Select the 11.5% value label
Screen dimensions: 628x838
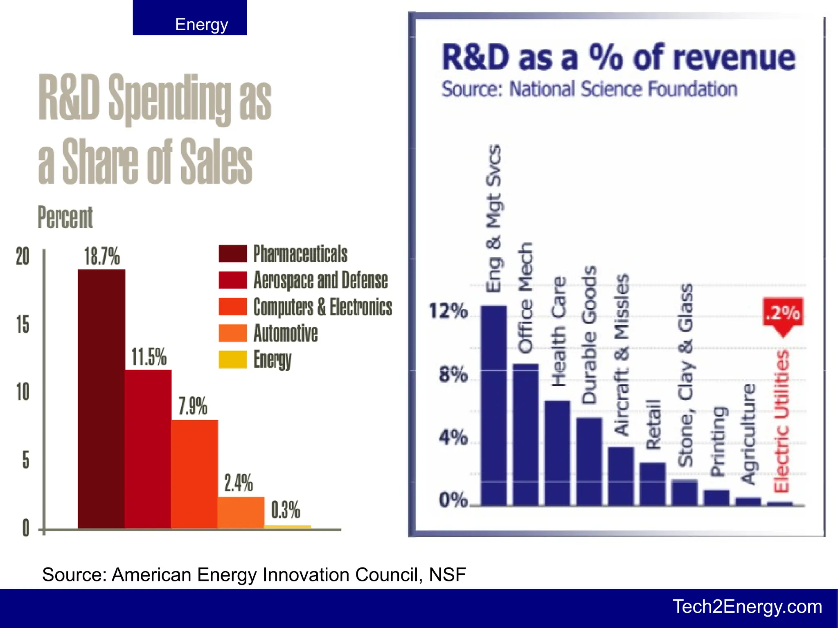pos(149,357)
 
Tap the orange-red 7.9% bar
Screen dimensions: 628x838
pos(194,473)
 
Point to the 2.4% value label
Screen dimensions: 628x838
pos(239,483)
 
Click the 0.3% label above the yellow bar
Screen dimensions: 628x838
pos(286,510)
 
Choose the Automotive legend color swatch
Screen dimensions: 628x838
pos(232,333)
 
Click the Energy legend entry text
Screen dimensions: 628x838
pos(272,360)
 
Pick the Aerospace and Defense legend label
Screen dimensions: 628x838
pos(320,280)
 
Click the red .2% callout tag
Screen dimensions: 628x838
pos(783,313)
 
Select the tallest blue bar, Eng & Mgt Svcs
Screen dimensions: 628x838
pos(493,405)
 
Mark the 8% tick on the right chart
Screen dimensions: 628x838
pos(453,374)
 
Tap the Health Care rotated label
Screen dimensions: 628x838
pos(559,331)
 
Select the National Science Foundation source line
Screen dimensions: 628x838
pos(589,89)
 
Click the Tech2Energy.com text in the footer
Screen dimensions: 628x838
pos(747,607)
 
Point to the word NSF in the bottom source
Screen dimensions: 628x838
pos(447,574)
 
